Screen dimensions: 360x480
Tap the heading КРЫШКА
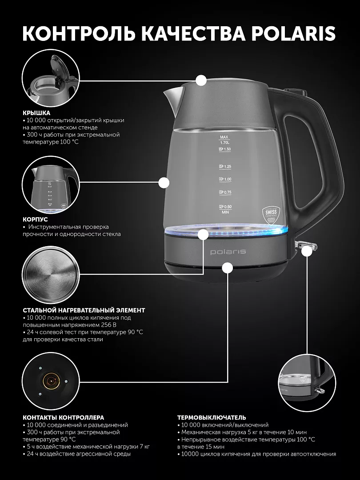(x=36, y=113)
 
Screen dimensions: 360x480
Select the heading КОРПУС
(x=35, y=220)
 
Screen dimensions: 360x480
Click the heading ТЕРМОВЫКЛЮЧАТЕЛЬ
(x=212, y=417)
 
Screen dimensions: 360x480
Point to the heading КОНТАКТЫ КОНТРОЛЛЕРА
(x=64, y=417)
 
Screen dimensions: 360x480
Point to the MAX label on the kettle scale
(x=224, y=137)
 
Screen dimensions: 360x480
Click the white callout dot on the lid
(x=201, y=80)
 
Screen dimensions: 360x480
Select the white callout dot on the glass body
(x=164, y=183)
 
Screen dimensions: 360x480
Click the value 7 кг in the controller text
(x=144, y=447)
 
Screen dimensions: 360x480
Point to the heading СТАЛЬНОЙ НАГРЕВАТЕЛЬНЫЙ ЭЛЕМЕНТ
(x=84, y=310)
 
